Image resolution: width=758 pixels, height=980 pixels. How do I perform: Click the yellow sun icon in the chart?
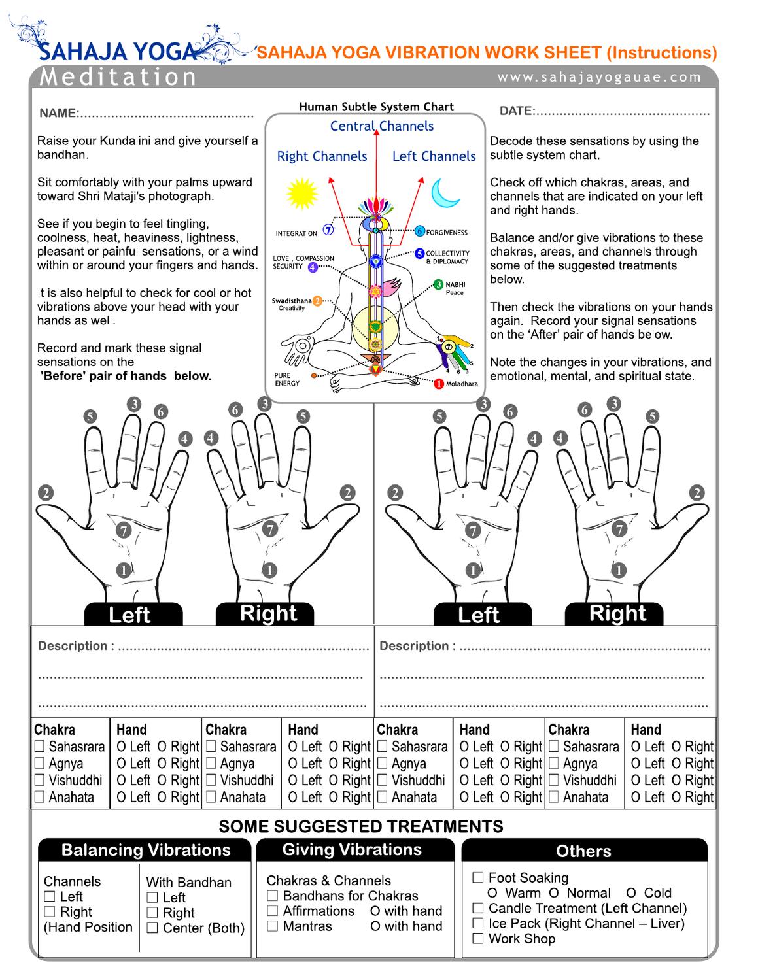[301, 194]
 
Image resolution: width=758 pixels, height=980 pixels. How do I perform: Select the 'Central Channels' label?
[381, 126]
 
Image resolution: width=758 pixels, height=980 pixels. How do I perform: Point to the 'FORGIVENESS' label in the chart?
[447, 232]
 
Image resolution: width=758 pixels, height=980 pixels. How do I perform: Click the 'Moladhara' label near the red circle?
[462, 384]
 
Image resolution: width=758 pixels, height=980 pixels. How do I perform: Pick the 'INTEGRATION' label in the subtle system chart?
[296, 233]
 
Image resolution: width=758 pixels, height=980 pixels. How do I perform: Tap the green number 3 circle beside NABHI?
[438, 285]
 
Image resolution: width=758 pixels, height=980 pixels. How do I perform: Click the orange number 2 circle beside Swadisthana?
[317, 301]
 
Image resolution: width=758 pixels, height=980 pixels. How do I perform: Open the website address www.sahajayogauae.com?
[598, 77]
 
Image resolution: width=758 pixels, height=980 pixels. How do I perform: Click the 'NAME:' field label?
[59, 113]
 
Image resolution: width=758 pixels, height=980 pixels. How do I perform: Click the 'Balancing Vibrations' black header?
[145, 850]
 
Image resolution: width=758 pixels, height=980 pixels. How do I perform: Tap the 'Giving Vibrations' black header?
[352, 850]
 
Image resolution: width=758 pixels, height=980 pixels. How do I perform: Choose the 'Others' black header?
[583, 851]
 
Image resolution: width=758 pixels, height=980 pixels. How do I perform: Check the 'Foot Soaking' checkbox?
[478, 878]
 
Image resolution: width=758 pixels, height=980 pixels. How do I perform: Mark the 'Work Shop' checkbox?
[478, 939]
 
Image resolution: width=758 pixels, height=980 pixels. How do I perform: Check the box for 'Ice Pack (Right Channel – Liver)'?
[478, 924]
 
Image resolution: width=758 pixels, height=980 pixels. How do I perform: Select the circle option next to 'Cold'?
[631, 893]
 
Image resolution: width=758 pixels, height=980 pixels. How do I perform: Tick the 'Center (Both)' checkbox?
[152, 928]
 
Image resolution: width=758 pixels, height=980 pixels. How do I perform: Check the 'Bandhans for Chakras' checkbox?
[273, 896]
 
